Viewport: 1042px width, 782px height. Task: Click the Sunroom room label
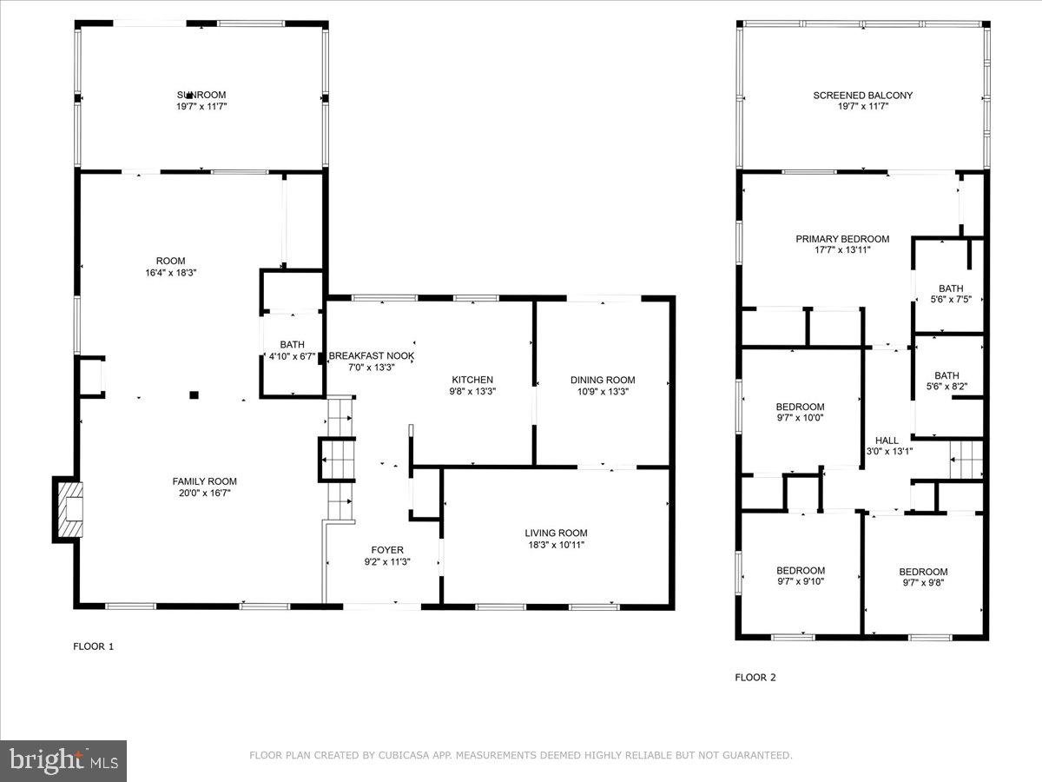click(201, 95)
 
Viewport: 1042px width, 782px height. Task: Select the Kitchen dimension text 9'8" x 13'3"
click(472, 391)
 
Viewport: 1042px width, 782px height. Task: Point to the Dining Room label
click(602, 380)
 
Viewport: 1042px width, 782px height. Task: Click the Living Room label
click(556, 533)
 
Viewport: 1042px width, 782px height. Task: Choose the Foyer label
click(386, 549)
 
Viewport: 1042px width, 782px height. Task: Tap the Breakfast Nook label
click(371, 356)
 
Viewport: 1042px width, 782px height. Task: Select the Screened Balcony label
click(862, 96)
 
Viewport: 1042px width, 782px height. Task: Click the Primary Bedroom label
click(842, 239)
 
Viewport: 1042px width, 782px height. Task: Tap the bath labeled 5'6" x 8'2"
click(946, 381)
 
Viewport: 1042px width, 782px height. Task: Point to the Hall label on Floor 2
click(887, 441)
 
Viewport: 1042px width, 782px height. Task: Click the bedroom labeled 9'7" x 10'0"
click(800, 412)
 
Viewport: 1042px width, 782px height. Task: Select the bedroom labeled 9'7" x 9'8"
click(923, 577)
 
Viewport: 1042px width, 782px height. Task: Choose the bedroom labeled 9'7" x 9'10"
click(800, 576)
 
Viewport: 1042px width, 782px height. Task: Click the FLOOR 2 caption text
click(755, 677)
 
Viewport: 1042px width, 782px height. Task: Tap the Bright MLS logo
click(63, 761)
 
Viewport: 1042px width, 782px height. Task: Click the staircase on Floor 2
click(966, 459)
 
